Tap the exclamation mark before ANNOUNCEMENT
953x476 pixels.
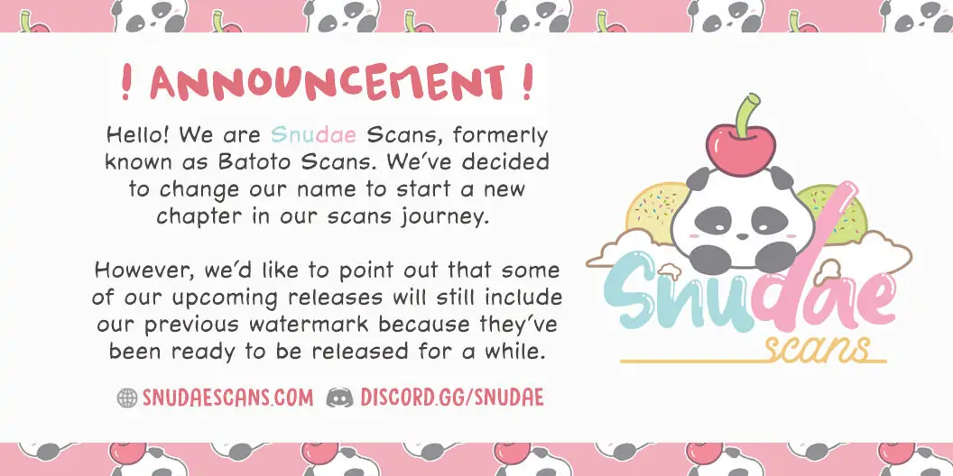point(126,83)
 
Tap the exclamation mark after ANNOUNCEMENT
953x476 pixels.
point(527,83)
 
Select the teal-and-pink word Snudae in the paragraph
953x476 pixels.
point(314,134)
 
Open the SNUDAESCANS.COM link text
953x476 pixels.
point(228,398)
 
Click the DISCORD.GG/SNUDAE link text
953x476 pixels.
point(452,398)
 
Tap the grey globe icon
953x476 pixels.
point(127,398)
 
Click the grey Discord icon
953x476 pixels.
point(339,398)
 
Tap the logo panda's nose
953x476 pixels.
point(742,235)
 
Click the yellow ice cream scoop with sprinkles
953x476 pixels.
point(653,209)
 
